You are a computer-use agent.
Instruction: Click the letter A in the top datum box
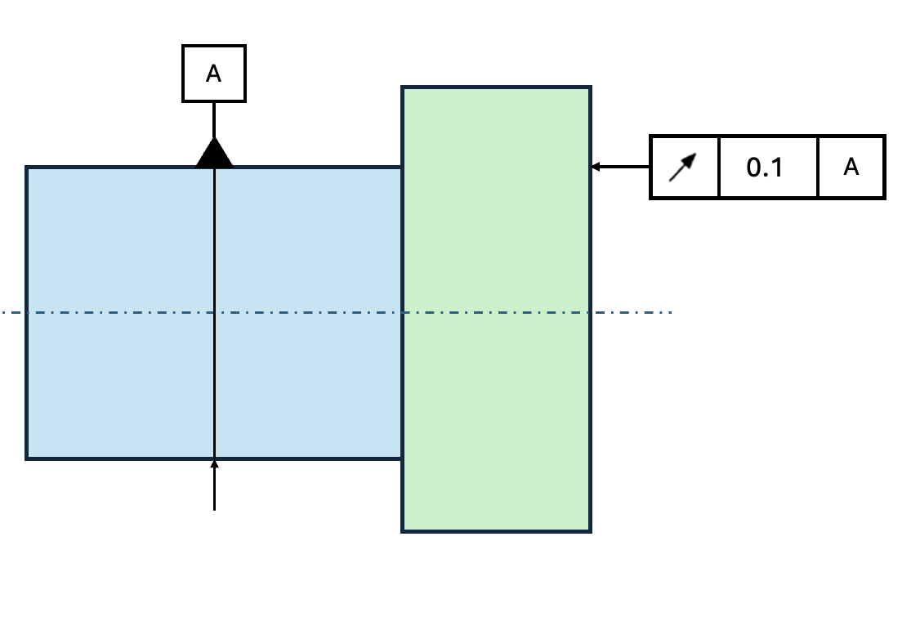(x=213, y=74)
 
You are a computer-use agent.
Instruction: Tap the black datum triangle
(x=214, y=155)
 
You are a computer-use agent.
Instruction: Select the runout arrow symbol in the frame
(x=683, y=167)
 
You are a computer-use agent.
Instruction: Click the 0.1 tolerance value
(x=765, y=168)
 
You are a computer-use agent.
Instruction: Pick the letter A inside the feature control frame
(x=851, y=167)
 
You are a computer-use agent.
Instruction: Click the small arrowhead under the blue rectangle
(x=214, y=465)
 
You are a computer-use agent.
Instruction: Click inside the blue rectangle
(x=123, y=245)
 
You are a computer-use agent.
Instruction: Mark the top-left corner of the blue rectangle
(x=27, y=168)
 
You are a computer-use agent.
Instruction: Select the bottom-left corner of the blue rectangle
(x=27, y=458)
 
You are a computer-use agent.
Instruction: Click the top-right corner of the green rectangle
(x=590, y=87)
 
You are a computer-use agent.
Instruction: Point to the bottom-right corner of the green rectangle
(x=590, y=531)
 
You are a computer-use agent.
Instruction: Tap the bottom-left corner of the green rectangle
(x=402, y=531)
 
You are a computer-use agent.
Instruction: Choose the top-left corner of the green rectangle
(x=402, y=87)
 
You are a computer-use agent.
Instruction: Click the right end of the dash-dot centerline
(x=672, y=312)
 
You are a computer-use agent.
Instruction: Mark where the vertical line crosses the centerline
(x=214, y=312)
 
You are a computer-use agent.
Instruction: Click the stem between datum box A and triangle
(x=214, y=119)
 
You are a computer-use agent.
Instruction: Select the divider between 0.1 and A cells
(x=818, y=167)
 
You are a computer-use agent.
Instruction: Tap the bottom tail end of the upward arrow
(x=214, y=509)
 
